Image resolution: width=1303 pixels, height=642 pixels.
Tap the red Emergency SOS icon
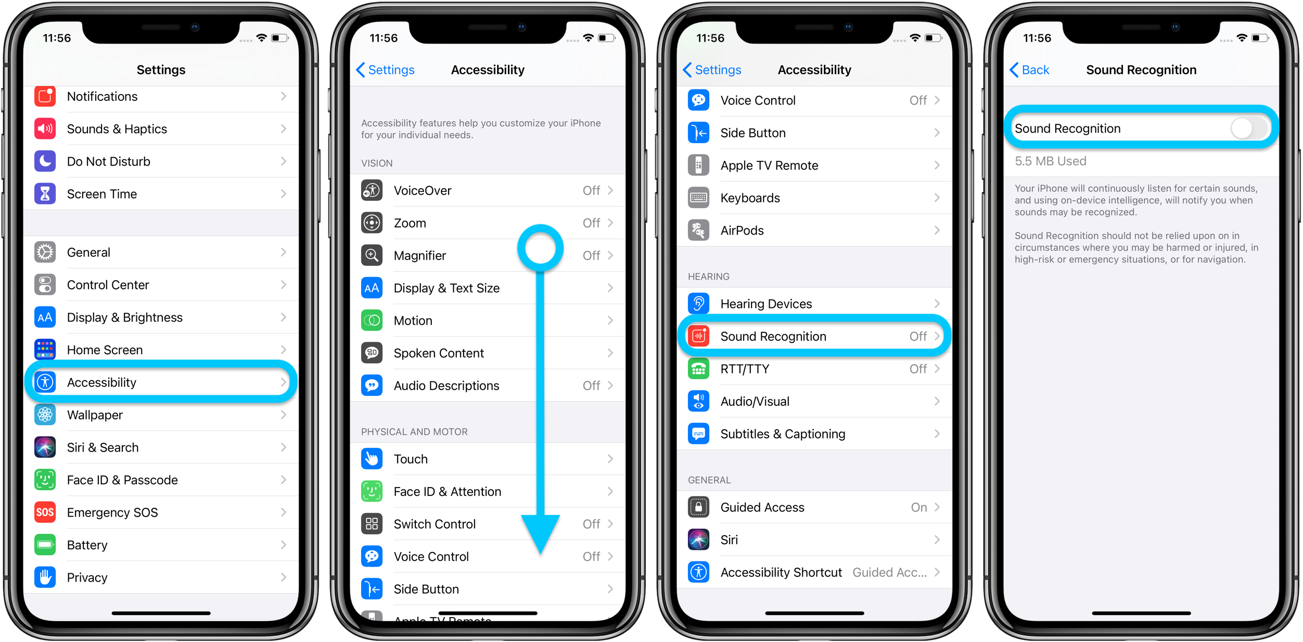(x=45, y=512)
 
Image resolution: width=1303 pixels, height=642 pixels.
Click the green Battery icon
(x=45, y=545)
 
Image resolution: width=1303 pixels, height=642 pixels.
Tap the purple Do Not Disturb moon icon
(x=45, y=161)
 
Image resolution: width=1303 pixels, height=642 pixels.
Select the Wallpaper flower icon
(x=45, y=415)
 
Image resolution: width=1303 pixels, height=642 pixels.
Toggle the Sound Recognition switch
(x=1249, y=129)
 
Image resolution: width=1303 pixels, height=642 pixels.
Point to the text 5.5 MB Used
(x=1050, y=161)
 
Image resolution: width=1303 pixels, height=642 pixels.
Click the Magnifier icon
(x=372, y=255)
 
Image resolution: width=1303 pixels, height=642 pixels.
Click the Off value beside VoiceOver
(x=591, y=190)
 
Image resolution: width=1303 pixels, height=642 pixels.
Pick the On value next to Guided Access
(x=918, y=507)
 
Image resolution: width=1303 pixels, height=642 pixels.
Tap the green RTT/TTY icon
(x=699, y=369)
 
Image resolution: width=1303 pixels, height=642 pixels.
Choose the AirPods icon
(x=699, y=230)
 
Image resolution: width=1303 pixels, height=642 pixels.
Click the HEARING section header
(x=708, y=277)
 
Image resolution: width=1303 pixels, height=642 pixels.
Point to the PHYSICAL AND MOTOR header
(x=414, y=432)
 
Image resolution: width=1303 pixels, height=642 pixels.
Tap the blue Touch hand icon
(x=372, y=459)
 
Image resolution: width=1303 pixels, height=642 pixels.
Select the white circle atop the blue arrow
(x=541, y=248)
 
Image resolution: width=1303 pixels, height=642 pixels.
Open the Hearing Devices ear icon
(x=699, y=304)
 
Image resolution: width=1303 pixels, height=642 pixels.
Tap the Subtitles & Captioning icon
(x=699, y=434)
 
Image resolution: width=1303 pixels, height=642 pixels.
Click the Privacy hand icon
(x=45, y=577)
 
